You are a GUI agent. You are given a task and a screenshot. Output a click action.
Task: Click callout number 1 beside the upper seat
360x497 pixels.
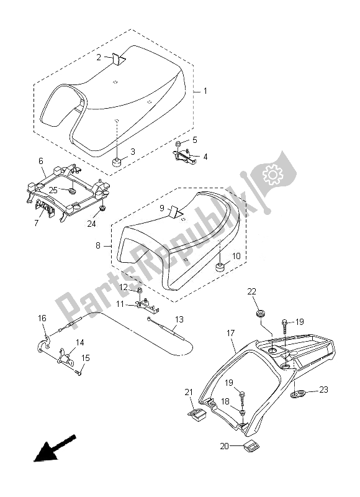coord(205,91)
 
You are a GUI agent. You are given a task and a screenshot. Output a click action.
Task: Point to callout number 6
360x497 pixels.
coord(41,161)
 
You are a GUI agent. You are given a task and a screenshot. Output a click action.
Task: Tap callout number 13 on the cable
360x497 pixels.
coord(179,319)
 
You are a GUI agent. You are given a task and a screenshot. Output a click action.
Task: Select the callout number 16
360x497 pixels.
coord(42,318)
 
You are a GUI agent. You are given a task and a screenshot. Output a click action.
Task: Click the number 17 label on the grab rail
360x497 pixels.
coord(230,334)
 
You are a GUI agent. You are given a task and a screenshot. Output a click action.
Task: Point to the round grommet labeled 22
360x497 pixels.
coord(259,311)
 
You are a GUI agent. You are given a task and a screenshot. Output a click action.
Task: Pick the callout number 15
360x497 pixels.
coord(86,358)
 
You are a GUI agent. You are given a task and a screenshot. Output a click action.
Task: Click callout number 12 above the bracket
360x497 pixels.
coord(124,287)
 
